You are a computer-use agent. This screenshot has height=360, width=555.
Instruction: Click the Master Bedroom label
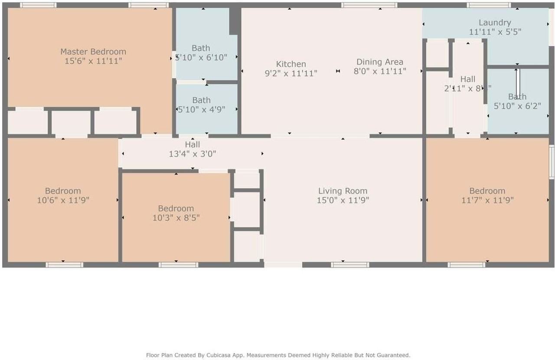pyautogui.click(x=93, y=52)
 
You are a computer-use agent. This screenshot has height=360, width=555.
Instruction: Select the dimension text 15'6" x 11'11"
pyautogui.click(x=93, y=61)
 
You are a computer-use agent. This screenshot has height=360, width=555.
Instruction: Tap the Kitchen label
pyautogui.click(x=291, y=64)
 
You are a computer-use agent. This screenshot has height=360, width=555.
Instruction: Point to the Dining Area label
pyautogui.click(x=380, y=62)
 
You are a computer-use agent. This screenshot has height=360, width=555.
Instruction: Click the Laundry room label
pyautogui.click(x=495, y=23)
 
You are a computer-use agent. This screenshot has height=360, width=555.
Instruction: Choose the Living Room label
pyautogui.click(x=343, y=191)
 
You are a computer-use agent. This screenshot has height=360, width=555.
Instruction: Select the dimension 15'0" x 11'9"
pyautogui.click(x=343, y=200)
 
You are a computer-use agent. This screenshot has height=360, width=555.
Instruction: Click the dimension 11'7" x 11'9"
pyautogui.click(x=487, y=200)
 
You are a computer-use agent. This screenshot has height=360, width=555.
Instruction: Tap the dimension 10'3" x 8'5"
pyautogui.click(x=176, y=218)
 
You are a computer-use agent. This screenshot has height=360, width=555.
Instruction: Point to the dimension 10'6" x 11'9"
pyautogui.click(x=63, y=200)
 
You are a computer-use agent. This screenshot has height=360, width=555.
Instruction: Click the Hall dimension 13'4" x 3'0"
pyautogui.click(x=193, y=154)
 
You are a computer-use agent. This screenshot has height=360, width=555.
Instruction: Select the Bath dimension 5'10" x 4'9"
pyautogui.click(x=202, y=110)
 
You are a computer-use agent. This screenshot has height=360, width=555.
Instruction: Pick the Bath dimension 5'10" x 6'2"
pyautogui.click(x=517, y=106)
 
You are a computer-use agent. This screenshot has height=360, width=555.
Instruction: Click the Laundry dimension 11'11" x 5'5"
pyautogui.click(x=495, y=32)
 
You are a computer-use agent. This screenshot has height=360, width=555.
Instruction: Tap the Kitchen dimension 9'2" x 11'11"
pyautogui.click(x=291, y=74)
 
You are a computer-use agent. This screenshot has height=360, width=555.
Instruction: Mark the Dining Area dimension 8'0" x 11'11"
pyautogui.click(x=380, y=72)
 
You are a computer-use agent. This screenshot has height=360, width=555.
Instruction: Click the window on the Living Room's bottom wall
pyautogui.click(x=350, y=265)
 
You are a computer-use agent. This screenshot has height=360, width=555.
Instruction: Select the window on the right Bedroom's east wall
pyautogui.click(x=552, y=162)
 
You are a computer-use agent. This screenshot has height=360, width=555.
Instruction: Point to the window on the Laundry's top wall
pyautogui.click(x=489, y=5)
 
